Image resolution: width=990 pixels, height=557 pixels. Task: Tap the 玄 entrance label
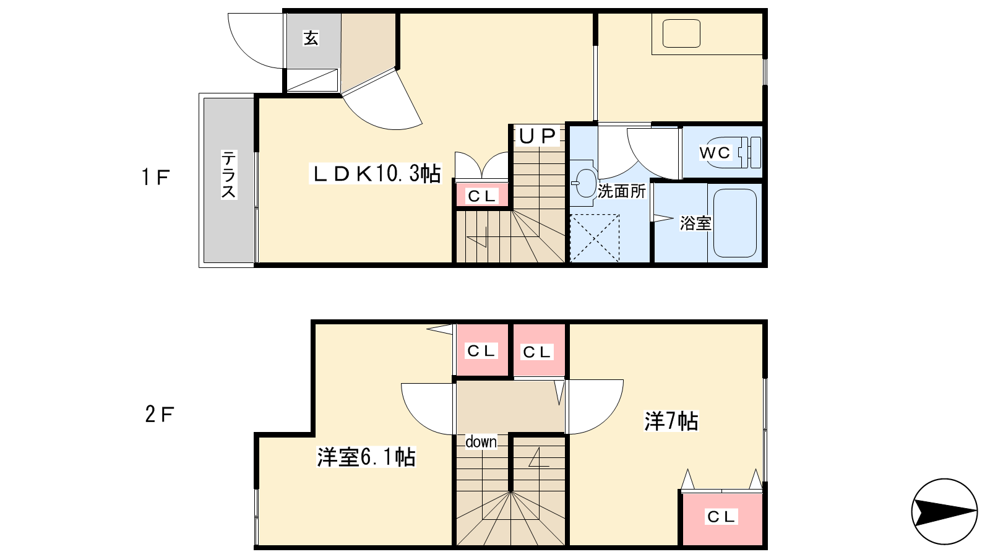click(x=311, y=38)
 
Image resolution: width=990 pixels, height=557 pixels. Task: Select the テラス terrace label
click(x=228, y=175)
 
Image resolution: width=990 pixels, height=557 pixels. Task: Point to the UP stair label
click(x=538, y=136)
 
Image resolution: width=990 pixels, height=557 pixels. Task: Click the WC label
click(x=715, y=153)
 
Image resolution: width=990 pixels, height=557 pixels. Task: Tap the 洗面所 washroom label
click(x=622, y=191)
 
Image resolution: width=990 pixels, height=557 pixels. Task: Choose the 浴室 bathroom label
click(x=695, y=223)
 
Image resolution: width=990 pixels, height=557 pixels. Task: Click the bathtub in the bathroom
click(x=735, y=223)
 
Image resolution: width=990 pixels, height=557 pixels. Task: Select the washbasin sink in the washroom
click(x=583, y=183)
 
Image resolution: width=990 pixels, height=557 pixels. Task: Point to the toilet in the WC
click(x=747, y=152)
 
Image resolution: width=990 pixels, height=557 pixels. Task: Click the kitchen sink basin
click(x=681, y=33)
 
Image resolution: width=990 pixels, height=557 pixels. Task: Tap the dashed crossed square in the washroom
click(x=595, y=238)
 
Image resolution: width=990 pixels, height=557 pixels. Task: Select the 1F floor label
click(x=155, y=177)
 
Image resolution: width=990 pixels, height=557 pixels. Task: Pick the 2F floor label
click(x=160, y=415)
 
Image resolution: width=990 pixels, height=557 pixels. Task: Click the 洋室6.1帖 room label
click(x=366, y=457)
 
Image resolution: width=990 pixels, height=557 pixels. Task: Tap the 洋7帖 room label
click(x=671, y=421)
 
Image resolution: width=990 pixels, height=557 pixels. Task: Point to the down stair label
click(x=481, y=442)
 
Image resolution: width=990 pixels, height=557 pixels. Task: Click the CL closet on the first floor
click(x=482, y=195)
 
